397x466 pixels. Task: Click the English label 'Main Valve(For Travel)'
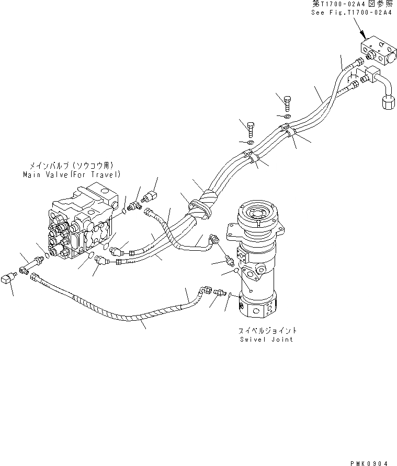click(x=72, y=174)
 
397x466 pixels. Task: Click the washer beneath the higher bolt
click(x=287, y=115)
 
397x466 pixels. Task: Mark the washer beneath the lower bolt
click(x=251, y=142)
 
